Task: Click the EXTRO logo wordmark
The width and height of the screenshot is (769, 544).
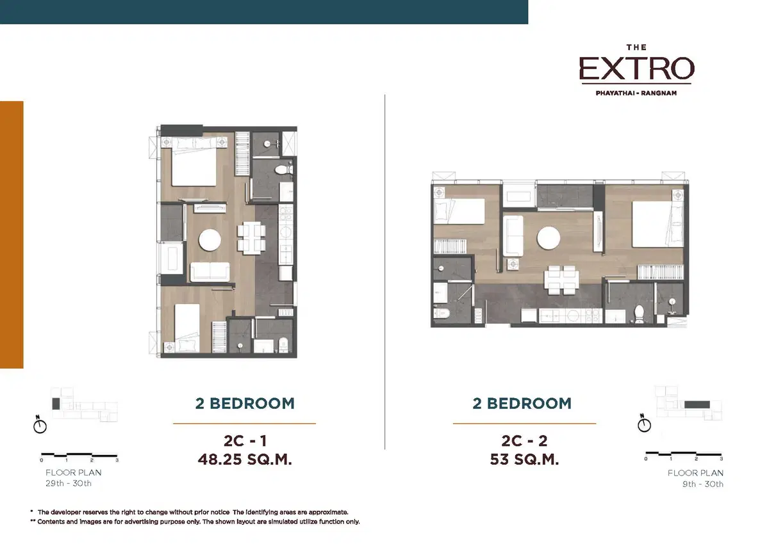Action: pos(637,68)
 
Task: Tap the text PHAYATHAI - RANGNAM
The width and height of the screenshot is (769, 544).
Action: pos(636,93)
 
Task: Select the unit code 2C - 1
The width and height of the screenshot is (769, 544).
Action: pos(245,441)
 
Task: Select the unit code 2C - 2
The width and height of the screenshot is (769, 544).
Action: pos(524,441)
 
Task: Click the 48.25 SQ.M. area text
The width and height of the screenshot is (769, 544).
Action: pos(245,460)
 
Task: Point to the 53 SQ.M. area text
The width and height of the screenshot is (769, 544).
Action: pos(524,460)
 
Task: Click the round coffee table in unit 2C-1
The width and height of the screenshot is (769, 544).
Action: pos(210,240)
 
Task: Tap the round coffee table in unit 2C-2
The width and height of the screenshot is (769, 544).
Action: pos(549,237)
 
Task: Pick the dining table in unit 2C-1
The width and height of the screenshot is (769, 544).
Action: pos(251,239)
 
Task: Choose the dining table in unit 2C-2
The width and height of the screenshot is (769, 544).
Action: pos(561,280)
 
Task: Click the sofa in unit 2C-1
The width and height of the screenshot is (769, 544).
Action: pos(210,272)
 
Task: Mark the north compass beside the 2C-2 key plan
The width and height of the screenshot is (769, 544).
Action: pos(644,424)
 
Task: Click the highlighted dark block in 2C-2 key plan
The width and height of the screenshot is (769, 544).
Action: pos(697,404)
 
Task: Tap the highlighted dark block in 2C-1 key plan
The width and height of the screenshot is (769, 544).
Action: pos(56,404)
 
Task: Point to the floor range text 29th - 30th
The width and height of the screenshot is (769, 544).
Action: pos(69,483)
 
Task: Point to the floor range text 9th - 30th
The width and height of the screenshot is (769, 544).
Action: pos(703,484)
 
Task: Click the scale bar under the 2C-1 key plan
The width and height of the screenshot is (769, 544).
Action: pos(79,455)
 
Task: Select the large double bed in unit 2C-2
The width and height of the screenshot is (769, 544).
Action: pos(657,223)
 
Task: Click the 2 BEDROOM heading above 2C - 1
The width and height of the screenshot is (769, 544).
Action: pos(245,403)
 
